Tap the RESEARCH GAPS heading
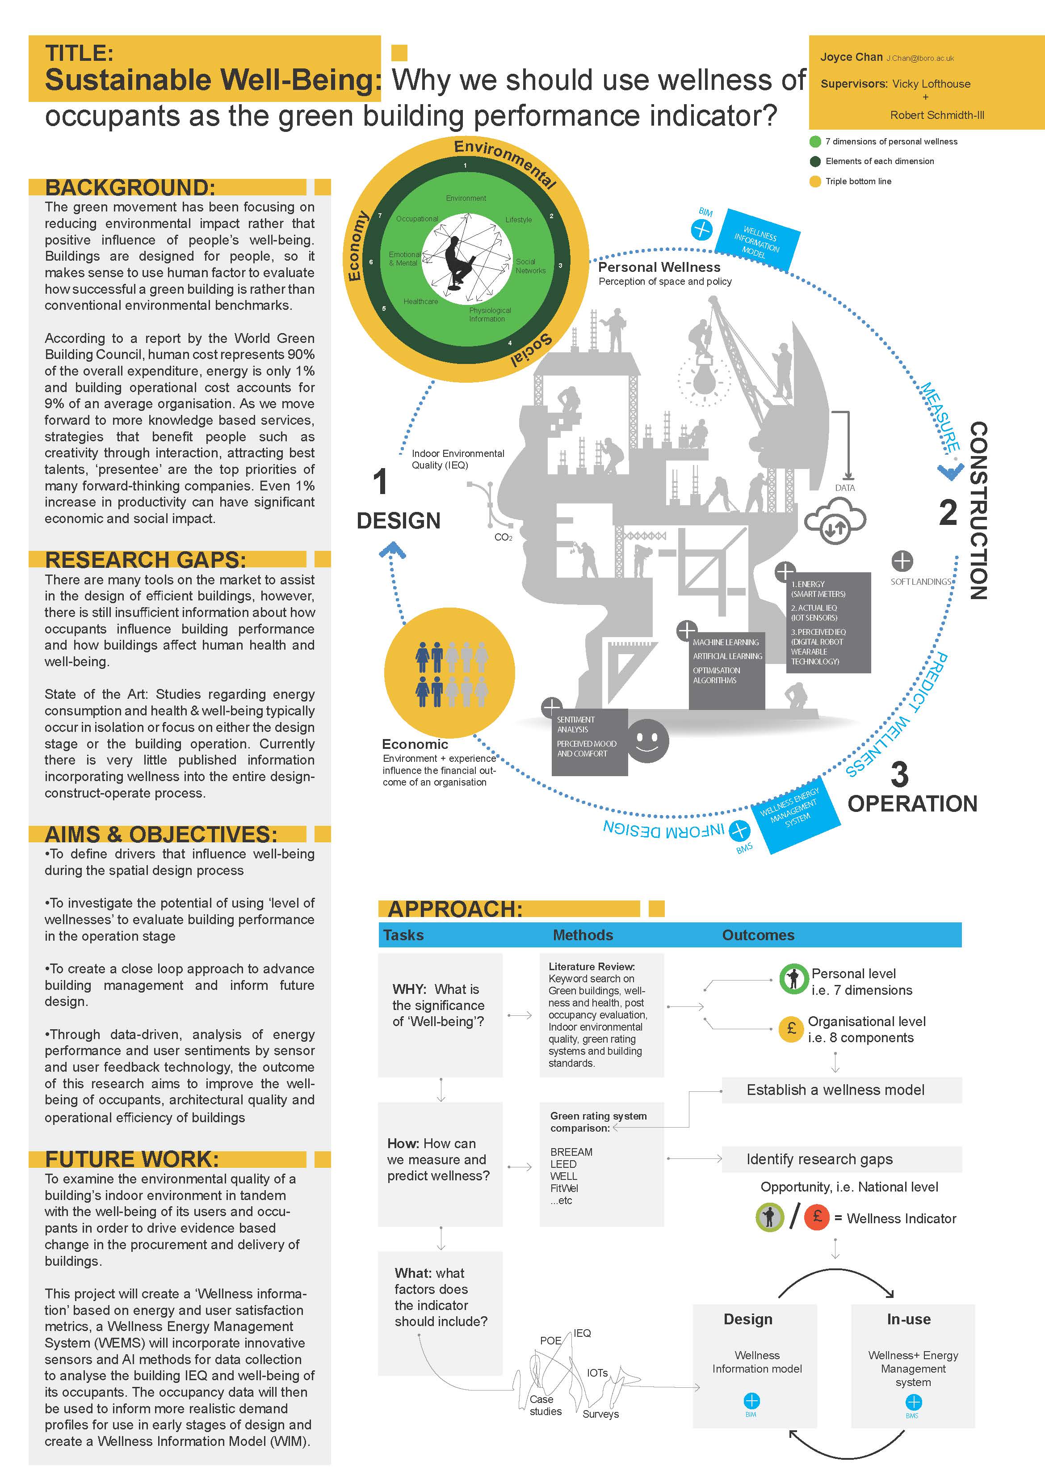(146, 559)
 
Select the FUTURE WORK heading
(132, 1159)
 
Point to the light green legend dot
(815, 142)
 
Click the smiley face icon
(648, 741)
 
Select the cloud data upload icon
(835, 520)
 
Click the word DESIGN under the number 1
(399, 520)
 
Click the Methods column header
(583, 935)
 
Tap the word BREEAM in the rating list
(571, 1152)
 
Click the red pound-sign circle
(818, 1217)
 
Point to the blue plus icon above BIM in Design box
(751, 1401)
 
